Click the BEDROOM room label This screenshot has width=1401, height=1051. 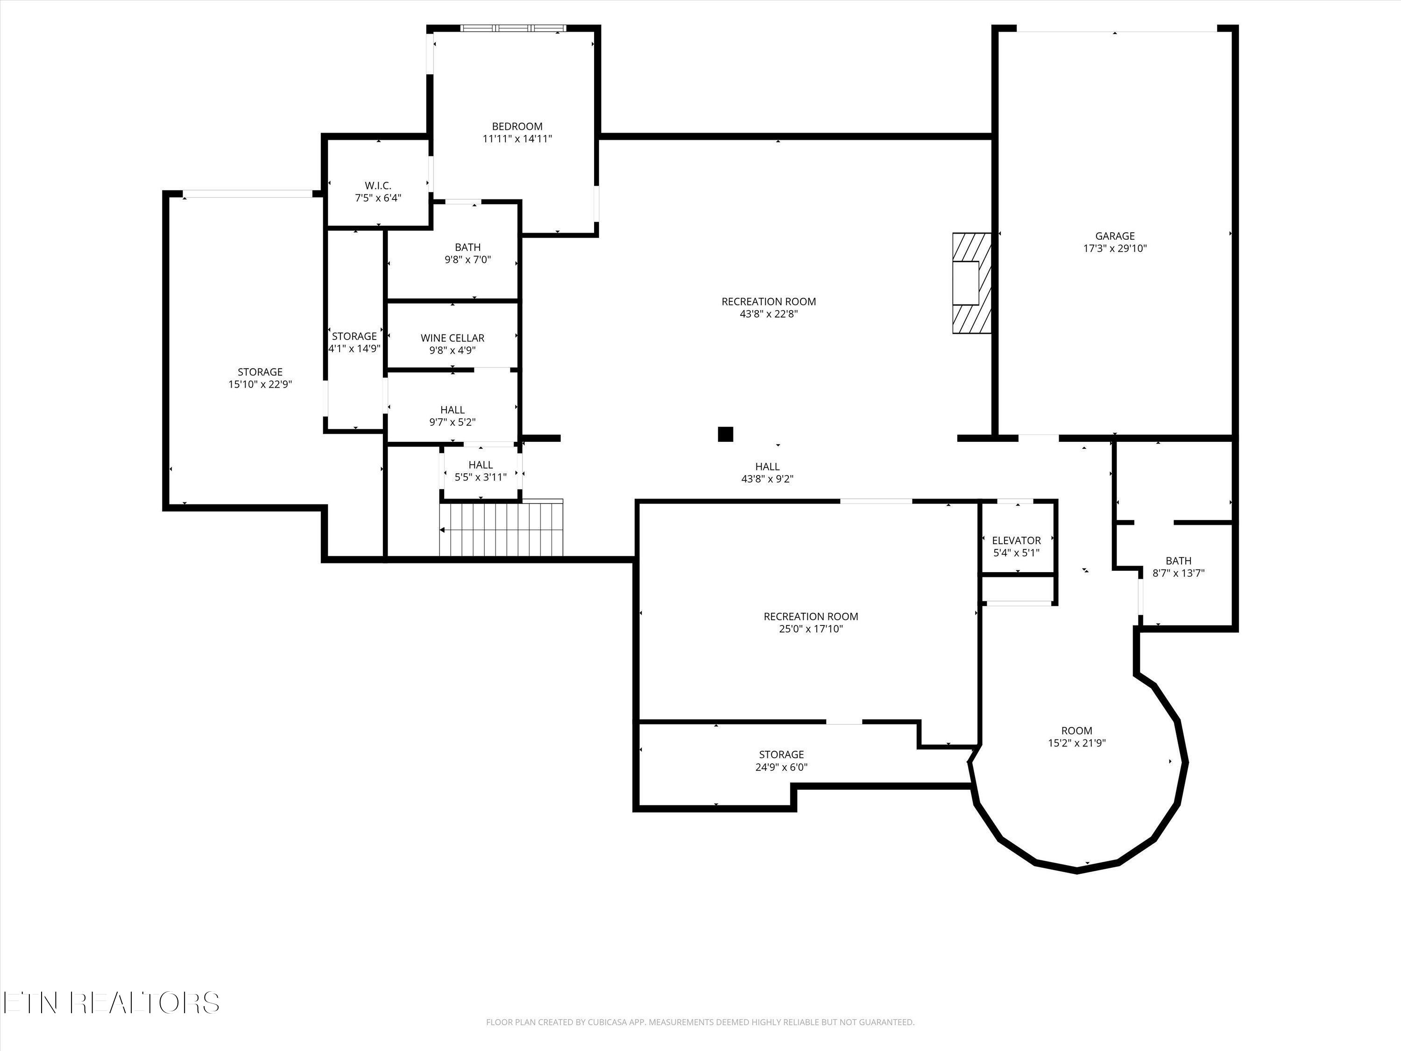click(517, 126)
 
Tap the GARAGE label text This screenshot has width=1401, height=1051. click(1115, 236)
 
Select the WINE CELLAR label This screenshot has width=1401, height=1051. click(452, 338)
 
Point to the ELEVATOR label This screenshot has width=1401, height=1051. click(1016, 540)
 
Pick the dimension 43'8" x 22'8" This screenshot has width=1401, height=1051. click(768, 313)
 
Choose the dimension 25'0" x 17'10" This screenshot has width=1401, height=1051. click(811, 628)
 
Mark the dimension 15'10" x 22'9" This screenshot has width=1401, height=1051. click(260, 384)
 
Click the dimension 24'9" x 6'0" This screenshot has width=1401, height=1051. click(781, 767)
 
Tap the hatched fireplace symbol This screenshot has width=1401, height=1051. click(971, 283)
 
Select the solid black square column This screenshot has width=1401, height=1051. click(725, 434)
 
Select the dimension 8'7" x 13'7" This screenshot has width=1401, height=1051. click(1178, 573)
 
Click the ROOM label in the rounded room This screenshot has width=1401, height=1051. click(1077, 731)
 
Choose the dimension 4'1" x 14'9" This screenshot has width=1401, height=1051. click(354, 348)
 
